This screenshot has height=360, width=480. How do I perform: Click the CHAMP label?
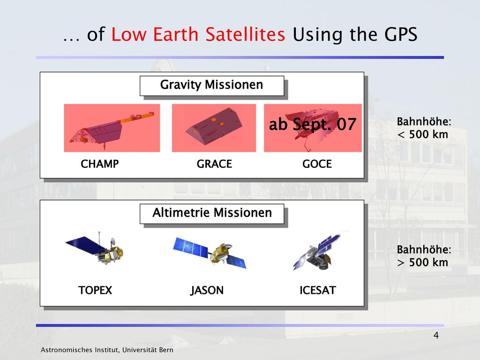tap(99, 164)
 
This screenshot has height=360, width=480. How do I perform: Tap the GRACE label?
tap(214, 164)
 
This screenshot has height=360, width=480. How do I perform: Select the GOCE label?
tap(317, 164)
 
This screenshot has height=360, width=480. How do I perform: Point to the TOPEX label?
tap(95, 290)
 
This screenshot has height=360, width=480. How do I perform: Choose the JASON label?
tap(207, 290)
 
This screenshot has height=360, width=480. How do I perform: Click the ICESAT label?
tap(318, 290)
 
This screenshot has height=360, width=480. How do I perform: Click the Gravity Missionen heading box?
tap(212, 86)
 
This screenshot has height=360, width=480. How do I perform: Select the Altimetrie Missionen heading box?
tap(212, 214)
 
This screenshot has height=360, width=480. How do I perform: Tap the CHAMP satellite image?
tap(112, 128)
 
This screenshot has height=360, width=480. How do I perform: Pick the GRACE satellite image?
tap(214, 128)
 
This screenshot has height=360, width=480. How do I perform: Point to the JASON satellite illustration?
tap(210, 252)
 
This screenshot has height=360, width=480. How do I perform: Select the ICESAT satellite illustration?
tap(316, 252)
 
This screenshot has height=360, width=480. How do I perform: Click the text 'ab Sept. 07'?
tap(313, 124)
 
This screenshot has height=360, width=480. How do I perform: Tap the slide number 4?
tap(436, 336)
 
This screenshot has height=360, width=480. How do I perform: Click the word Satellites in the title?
tap(245, 34)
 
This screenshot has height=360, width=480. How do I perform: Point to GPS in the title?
tap(401, 34)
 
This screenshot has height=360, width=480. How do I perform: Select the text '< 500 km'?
tap(422, 135)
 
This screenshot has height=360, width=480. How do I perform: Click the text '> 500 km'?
tap(422, 262)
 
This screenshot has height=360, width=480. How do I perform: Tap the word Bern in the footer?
tap(165, 350)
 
